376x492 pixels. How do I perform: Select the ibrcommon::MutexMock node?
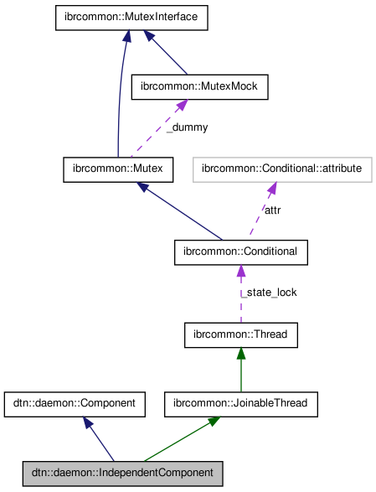200,85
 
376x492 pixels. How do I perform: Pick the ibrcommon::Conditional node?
241,251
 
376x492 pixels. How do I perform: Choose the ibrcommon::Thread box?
241,335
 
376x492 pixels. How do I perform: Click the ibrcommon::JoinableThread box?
241,403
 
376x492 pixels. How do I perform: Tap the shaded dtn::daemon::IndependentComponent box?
123,473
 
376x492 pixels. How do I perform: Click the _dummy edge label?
186,127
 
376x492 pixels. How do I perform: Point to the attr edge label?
272,210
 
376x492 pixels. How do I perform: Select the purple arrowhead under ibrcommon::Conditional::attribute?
272,188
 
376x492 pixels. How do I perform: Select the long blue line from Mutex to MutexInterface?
121,101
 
